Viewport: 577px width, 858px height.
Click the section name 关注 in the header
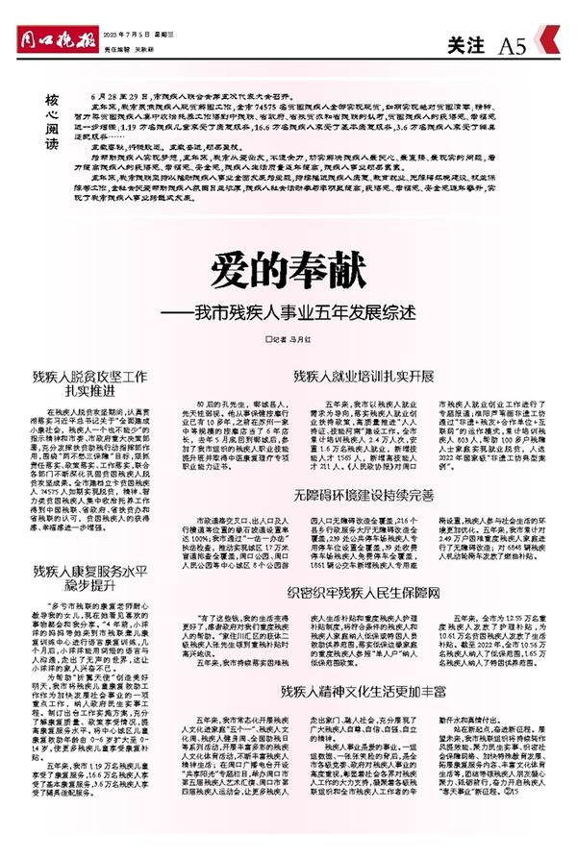pos(468,44)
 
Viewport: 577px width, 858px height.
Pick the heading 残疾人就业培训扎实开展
pos(355,377)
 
